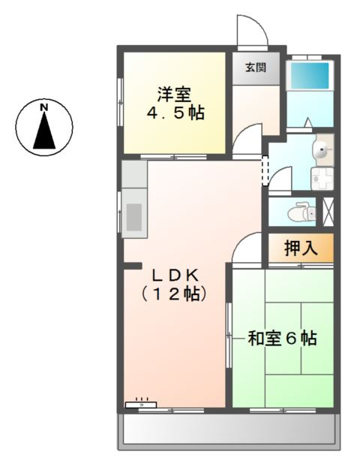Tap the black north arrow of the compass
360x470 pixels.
tap(45, 134)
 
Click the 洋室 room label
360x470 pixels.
tap(174, 95)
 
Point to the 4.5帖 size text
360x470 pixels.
tap(175, 114)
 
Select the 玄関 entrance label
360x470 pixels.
tap(254, 68)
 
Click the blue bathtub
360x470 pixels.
tap(310, 76)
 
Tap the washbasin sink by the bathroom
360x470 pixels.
tap(323, 150)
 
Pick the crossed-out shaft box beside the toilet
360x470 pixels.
tap(328, 210)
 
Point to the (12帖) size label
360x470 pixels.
tap(174, 294)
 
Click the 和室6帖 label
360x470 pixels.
tap(283, 339)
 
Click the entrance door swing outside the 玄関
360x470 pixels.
tap(249, 32)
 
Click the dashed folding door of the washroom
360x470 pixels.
tap(264, 170)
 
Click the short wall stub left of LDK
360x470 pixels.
tap(133, 265)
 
